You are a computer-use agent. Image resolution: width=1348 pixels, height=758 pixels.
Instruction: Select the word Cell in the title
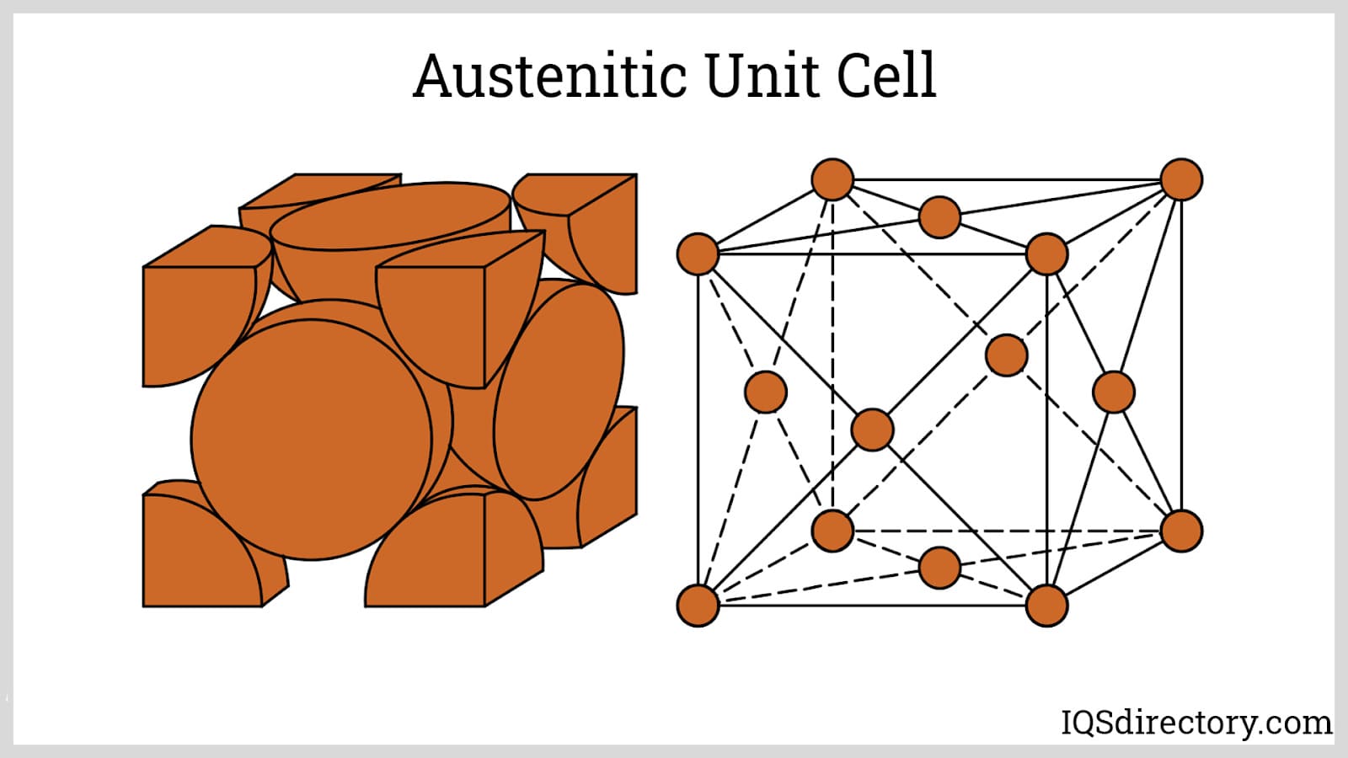886,76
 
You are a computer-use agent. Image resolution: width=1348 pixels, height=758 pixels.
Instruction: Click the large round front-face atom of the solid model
312,438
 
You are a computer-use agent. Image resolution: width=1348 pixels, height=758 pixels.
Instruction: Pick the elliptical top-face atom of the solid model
390,216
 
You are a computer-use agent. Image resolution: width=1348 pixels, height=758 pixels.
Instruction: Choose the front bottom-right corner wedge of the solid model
430,560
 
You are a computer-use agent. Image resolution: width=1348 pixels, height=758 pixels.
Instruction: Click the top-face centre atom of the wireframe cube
939,217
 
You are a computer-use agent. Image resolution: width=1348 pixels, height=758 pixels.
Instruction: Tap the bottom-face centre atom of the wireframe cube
939,567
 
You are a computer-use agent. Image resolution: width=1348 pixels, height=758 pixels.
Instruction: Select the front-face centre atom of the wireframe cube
872,430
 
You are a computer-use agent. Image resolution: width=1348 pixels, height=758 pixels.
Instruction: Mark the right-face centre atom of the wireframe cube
1114,392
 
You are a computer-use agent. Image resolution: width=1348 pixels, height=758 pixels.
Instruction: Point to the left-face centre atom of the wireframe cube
766,392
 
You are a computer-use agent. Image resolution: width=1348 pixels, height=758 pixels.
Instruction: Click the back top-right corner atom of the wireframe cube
1181,179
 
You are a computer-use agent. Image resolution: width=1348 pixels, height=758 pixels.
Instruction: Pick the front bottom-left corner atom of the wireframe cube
698,606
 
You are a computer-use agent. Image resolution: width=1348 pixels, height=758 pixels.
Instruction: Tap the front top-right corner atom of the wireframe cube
1046,254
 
